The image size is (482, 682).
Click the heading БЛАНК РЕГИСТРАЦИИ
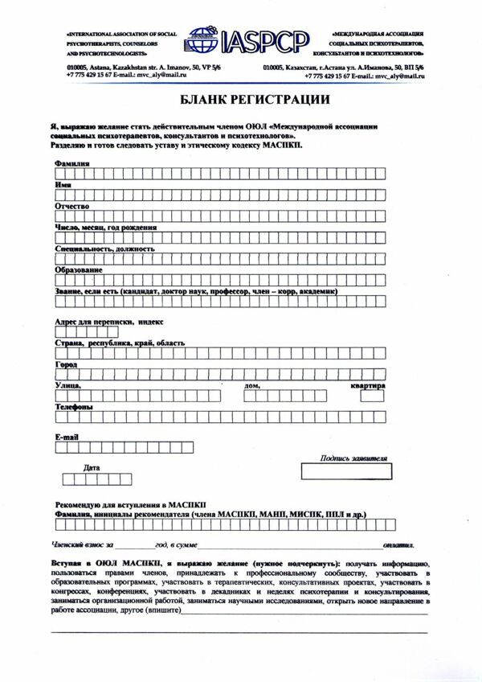coord(240,100)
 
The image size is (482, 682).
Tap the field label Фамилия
coord(72,163)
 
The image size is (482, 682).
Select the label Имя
coord(63,185)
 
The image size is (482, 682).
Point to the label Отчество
coord(71,206)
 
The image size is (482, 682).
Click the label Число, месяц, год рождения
coord(105,228)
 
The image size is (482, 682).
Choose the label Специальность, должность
coord(104,249)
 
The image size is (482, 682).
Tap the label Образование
coord(79,270)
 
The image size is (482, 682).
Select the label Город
coord(66,364)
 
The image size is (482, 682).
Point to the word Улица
coord(68,386)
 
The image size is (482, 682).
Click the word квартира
coord(367,386)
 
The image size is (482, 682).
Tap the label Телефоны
coord(73,407)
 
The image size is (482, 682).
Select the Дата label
coord(92,467)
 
